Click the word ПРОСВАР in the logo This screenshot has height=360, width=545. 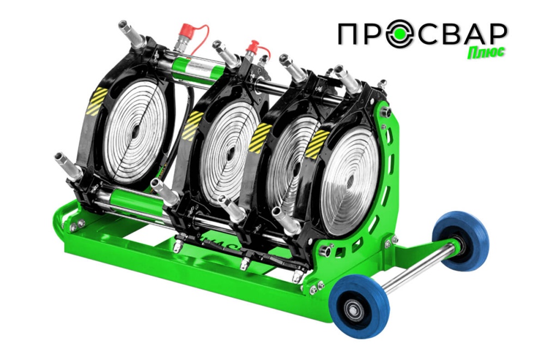click(423, 35)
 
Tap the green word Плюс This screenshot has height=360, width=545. click(485, 53)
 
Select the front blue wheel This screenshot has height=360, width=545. click(359, 307)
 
